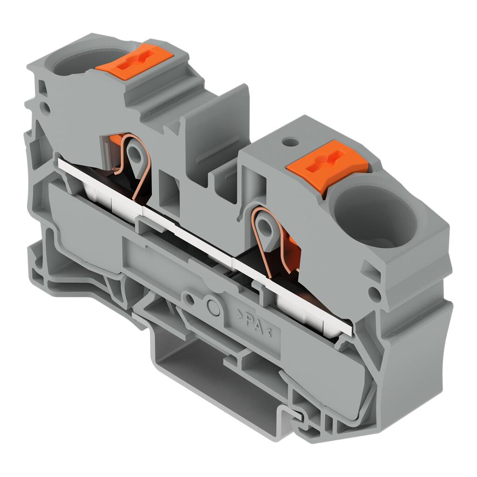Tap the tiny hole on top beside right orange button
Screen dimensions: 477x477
pyautogui.click(x=290, y=141)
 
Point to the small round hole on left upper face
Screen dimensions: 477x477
pyautogui.click(x=46, y=108)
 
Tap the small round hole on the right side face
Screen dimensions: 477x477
pyautogui.click(x=373, y=293)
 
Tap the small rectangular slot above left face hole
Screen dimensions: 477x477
pyautogui.click(x=43, y=88)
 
